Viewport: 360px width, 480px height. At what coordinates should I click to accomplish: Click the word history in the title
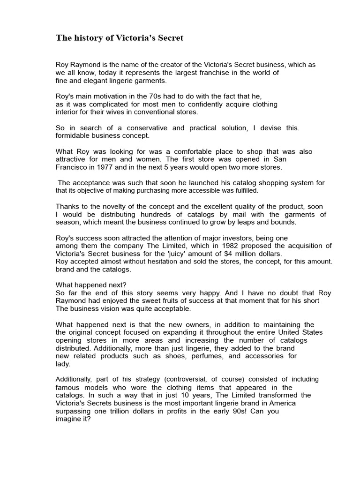tap(87, 38)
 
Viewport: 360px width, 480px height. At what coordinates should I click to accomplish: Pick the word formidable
tap(74, 135)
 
